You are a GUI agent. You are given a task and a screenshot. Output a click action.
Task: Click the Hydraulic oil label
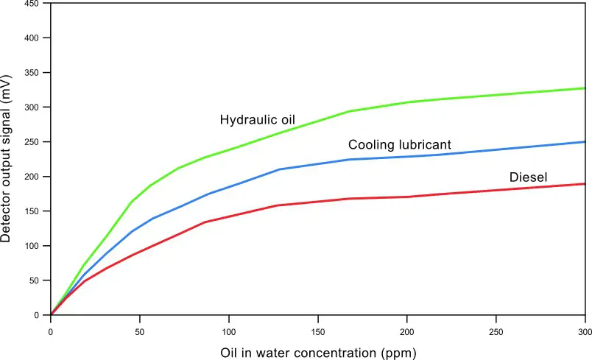pyautogui.click(x=256, y=120)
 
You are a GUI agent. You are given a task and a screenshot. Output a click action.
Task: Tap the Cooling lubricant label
pyautogui.click(x=399, y=145)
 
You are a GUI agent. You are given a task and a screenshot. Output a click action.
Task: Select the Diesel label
pyautogui.click(x=529, y=177)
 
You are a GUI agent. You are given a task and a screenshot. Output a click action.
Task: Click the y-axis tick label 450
pyautogui.click(x=32, y=4)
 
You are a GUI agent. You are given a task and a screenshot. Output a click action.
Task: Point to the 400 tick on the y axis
pyautogui.click(x=32, y=38)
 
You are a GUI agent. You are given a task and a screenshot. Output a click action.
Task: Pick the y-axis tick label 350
pyautogui.click(x=32, y=72)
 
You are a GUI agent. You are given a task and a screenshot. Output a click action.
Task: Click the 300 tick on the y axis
pyautogui.click(x=32, y=107)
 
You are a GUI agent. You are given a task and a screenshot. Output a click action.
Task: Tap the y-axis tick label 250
pyautogui.click(x=32, y=141)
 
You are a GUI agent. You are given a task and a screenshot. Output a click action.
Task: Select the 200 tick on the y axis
pyautogui.click(x=32, y=177)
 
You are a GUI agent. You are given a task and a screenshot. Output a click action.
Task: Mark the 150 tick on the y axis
pyautogui.click(x=32, y=211)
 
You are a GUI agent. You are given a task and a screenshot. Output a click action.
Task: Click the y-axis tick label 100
pyautogui.click(x=32, y=246)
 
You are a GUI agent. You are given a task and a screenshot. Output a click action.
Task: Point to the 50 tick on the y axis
pyautogui.click(x=35, y=280)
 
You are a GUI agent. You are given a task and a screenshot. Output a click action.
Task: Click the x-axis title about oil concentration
pyautogui.click(x=318, y=352)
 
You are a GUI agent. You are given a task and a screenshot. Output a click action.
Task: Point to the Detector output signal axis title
pyautogui.click(x=8, y=159)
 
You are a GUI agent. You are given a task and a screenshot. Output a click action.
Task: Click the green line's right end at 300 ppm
pyautogui.click(x=585, y=88)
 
